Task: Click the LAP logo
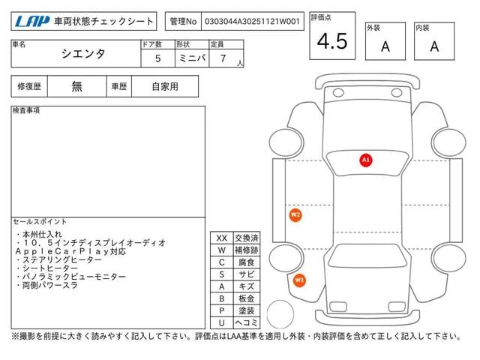tap(32, 22)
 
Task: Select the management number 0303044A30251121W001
tap(252, 22)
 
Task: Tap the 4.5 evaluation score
tap(332, 41)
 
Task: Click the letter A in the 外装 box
tap(385, 46)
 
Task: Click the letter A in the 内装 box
tap(434, 46)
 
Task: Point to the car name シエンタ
tap(83, 54)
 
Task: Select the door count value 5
tap(158, 58)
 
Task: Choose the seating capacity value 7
tap(223, 58)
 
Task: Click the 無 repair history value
tap(76, 86)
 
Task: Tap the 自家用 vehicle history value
tap(165, 87)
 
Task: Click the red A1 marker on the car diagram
tap(366, 160)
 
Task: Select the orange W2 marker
tap(295, 214)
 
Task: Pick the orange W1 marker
tap(299, 280)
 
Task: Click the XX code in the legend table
tap(222, 238)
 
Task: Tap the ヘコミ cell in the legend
tap(247, 322)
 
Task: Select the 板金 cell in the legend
tap(247, 298)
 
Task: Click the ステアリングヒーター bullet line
tap(58, 260)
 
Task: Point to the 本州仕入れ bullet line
tap(39, 235)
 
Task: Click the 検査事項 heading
tap(26, 110)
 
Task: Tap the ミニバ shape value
tap(192, 58)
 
